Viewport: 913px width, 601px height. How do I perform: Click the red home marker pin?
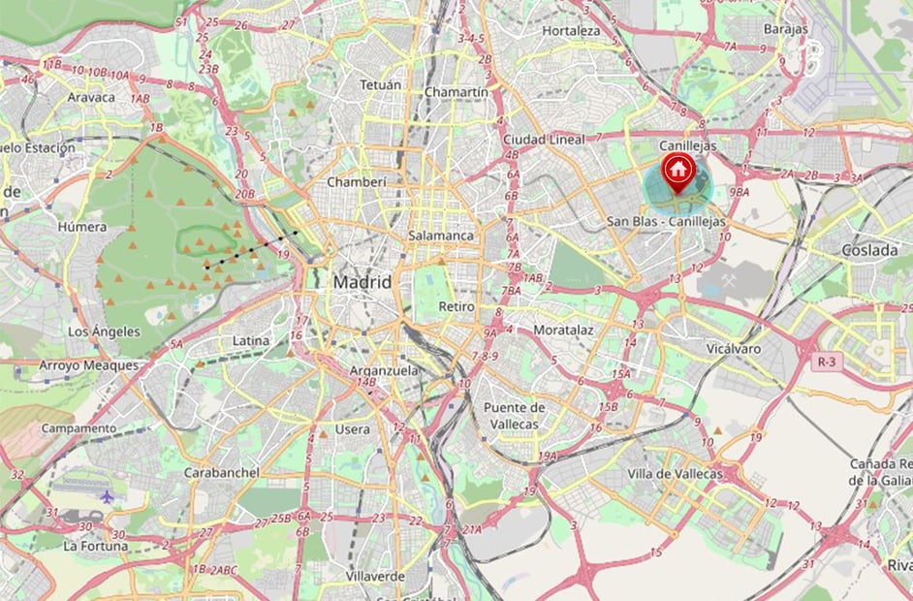click(678, 171)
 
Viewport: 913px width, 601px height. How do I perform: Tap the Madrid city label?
click(362, 282)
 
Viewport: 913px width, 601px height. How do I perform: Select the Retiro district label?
click(456, 306)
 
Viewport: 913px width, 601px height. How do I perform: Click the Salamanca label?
click(441, 236)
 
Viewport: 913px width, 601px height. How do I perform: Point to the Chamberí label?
click(357, 181)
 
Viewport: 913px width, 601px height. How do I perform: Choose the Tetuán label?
click(380, 85)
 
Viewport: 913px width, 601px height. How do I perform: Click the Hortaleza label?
click(571, 31)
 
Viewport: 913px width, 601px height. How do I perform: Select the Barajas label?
click(785, 29)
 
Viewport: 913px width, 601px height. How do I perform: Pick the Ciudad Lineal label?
click(544, 140)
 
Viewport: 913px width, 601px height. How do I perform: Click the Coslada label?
click(869, 250)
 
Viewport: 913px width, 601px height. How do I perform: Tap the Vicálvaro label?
click(734, 348)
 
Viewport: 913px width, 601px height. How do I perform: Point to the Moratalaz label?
click(563, 330)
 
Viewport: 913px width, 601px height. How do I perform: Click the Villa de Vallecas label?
click(675, 474)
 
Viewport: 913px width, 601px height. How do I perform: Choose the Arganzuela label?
click(385, 370)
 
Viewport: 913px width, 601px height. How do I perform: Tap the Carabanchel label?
click(221, 472)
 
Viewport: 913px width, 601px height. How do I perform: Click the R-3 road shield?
click(826, 362)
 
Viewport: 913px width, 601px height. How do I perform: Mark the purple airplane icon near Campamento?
click(107, 497)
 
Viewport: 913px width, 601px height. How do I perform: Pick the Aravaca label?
click(91, 97)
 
